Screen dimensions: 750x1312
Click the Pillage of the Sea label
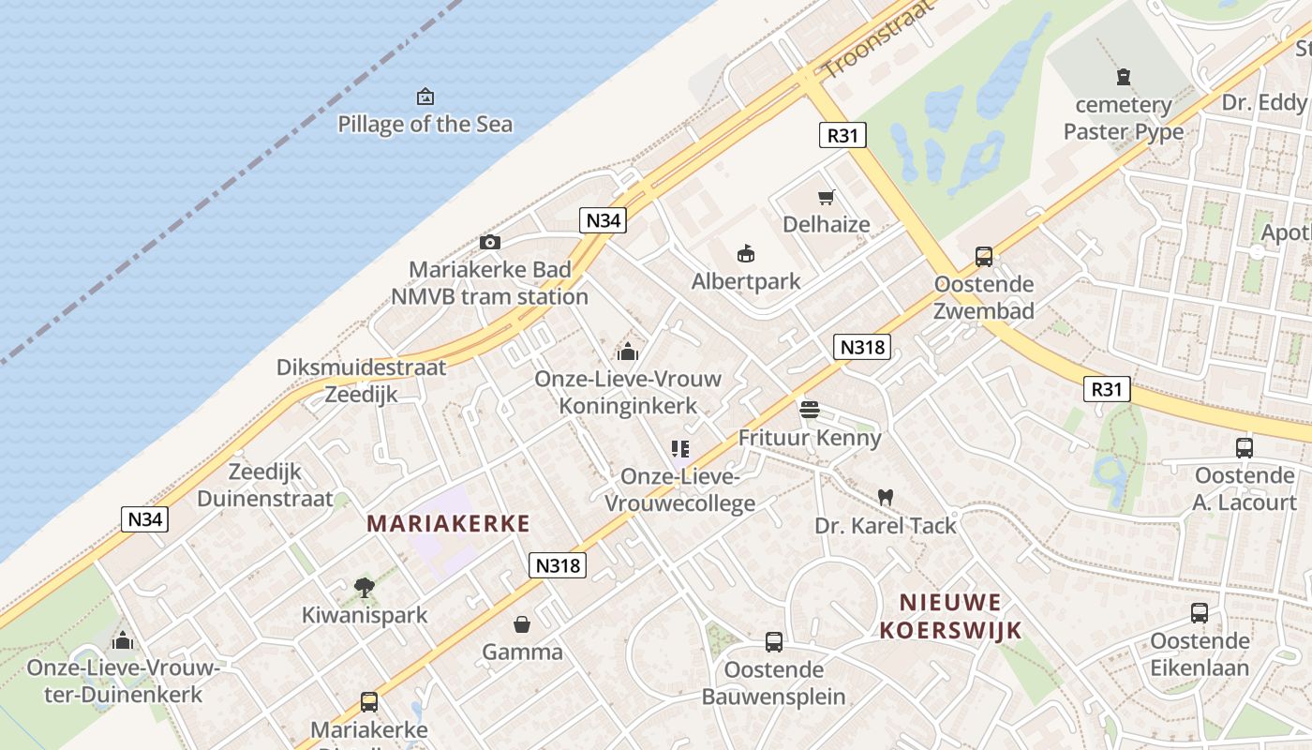(x=425, y=124)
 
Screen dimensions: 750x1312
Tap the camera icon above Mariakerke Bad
(x=489, y=243)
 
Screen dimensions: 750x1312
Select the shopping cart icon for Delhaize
(x=826, y=197)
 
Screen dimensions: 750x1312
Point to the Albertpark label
(x=746, y=281)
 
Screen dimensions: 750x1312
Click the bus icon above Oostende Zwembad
(x=983, y=256)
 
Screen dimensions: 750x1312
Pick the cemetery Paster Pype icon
(x=1123, y=77)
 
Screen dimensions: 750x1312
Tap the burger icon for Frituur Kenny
(x=810, y=409)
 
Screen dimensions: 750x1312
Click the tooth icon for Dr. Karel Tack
(x=885, y=497)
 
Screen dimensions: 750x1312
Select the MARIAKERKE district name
(x=448, y=523)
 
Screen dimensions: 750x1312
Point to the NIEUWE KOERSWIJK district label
(x=950, y=616)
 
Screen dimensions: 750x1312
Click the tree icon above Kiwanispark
(x=365, y=588)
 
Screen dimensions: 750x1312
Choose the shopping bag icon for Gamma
(x=522, y=624)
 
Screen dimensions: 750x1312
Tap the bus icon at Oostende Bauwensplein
(x=773, y=642)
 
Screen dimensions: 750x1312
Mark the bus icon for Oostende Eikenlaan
(x=1199, y=613)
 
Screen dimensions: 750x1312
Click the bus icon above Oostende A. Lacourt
(x=1244, y=447)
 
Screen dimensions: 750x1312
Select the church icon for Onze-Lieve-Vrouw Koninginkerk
(x=627, y=352)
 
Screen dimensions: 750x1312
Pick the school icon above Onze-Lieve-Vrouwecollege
(x=679, y=449)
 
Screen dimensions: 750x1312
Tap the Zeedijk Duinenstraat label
(x=265, y=486)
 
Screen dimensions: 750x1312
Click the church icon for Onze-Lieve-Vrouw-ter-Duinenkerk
(x=122, y=640)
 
